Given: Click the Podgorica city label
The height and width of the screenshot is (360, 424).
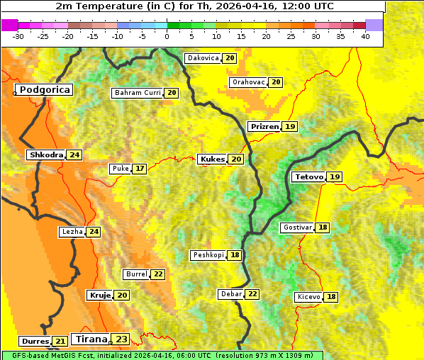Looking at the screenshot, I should (45, 90).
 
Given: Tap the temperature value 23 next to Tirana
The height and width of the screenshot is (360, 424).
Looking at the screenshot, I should (122, 339).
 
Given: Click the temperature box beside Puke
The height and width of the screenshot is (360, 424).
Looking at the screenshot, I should (140, 169).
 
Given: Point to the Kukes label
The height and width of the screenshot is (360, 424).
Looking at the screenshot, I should (212, 159).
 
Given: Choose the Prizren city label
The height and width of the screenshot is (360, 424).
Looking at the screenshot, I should (264, 126).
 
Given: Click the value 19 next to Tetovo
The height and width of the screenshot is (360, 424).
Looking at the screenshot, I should (335, 176).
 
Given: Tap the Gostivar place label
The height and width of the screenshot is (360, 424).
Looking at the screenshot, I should (297, 227).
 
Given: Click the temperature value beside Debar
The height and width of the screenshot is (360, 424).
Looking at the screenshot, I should (252, 294).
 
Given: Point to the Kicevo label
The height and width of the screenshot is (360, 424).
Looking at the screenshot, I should (309, 297).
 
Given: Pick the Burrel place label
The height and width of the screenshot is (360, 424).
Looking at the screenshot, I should (135, 274).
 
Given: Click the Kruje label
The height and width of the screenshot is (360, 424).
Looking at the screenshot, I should (99, 295).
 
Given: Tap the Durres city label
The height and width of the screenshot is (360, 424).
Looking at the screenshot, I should (34, 342).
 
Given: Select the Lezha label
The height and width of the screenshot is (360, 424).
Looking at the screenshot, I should (72, 232).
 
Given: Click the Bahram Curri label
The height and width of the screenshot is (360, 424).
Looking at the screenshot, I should (138, 93).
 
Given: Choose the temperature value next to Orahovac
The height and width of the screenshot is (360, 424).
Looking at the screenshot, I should (276, 82).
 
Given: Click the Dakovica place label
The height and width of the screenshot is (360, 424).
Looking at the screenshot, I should (203, 58).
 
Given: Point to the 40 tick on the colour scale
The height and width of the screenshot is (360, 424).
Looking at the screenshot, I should (364, 36).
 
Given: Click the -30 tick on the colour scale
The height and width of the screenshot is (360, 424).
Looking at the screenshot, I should (18, 36).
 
